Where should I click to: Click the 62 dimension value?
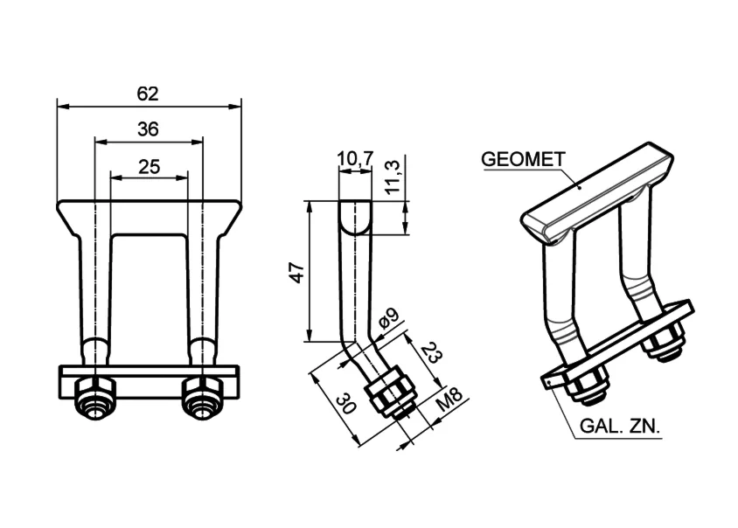coord(148,94)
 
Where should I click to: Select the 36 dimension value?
coord(149,129)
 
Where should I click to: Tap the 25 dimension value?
coord(150,167)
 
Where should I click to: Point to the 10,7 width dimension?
coord(355,159)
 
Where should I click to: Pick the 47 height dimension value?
coord(298,273)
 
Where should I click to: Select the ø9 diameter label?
coord(388,318)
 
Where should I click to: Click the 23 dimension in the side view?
coord(432,353)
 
